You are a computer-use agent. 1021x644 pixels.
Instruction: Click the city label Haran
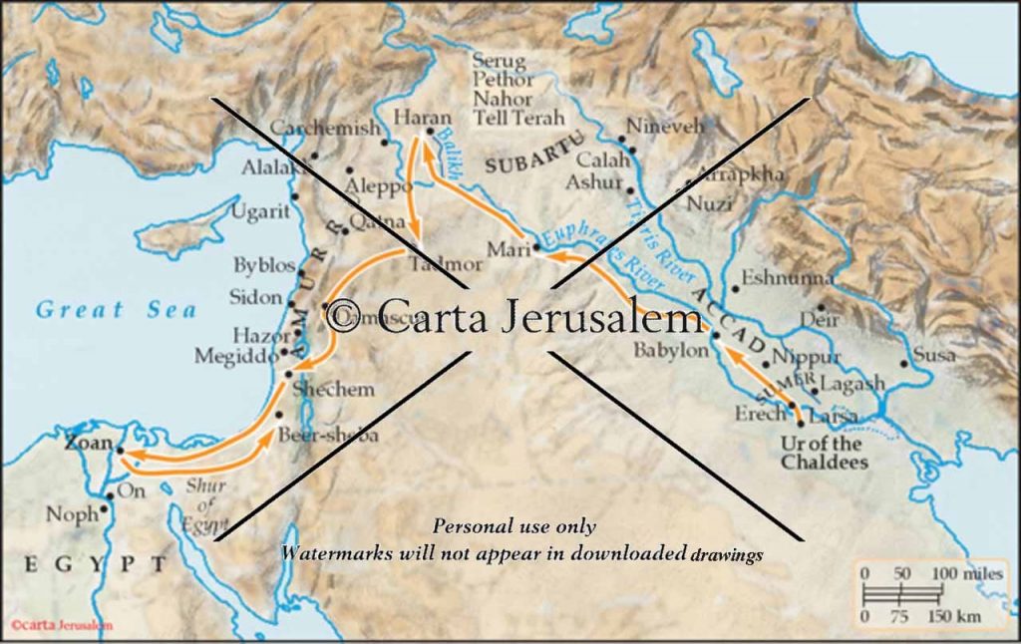422,116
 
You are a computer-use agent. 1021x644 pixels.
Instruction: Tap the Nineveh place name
665,127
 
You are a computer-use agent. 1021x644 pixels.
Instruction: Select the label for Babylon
671,352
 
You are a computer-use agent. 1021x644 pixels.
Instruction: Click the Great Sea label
117,310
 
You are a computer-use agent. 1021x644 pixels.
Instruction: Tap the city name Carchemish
325,129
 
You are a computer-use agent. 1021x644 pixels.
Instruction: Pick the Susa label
934,354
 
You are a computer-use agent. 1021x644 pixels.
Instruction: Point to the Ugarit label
261,211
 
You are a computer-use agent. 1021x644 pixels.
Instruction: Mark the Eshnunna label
785,278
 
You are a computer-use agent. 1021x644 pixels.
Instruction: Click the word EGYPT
95,565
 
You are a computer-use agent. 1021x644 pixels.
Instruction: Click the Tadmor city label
447,265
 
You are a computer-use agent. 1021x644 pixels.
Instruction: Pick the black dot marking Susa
904,363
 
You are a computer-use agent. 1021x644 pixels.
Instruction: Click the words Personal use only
513,526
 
